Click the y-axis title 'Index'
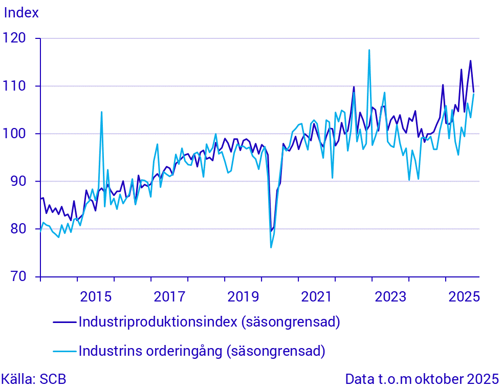point(21,13)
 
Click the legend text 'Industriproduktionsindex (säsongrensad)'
point(209,322)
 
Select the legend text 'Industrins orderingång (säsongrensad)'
point(202,351)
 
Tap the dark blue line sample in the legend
point(64,322)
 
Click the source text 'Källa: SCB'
point(33,379)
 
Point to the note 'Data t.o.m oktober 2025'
point(422,379)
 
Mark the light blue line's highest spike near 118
point(369,50)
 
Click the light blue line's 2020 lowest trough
point(271,248)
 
